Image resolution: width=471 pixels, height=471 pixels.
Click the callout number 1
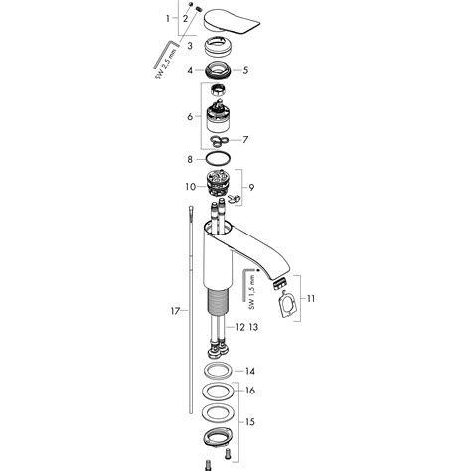point(167,19)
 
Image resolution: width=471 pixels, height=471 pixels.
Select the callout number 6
point(191,118)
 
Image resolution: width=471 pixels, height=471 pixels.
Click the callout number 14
point(250,370)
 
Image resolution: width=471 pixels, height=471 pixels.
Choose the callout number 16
point(250,392)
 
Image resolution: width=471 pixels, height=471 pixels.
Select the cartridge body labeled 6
point(220,116)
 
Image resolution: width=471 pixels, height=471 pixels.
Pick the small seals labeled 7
point(221,140)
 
